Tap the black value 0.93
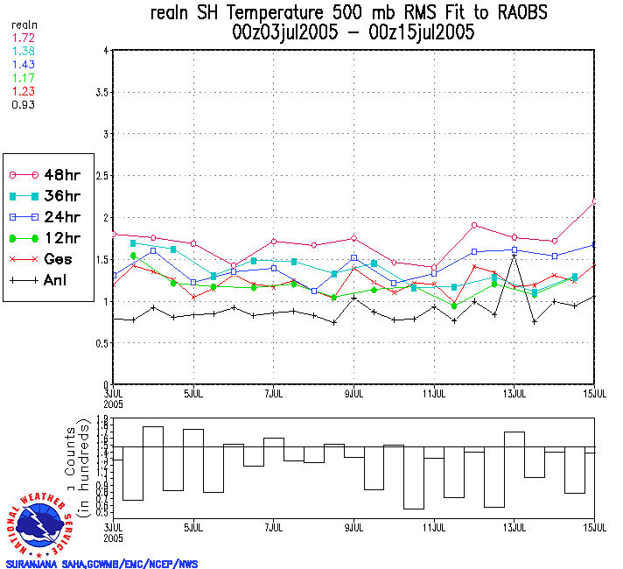[24, 105]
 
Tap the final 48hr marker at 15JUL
[595, 202]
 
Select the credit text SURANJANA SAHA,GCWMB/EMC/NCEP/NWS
[101, 564]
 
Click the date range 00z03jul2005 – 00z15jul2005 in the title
[353, 33]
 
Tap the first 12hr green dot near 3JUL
[134, 256]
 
